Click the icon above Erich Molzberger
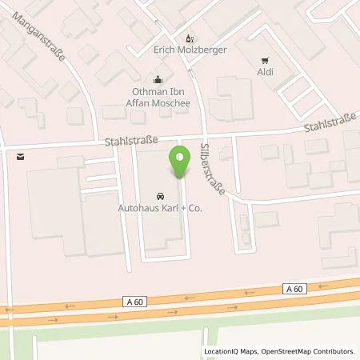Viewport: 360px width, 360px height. pyautogui.click(x=190, y=38)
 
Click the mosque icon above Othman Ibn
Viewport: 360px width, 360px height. pyautogui.click(x=158, y=78)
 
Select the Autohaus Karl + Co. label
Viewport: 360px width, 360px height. pyautogui.click(x=159, y=209)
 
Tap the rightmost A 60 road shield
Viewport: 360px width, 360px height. pyautogui.click(x=294, y=289)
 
